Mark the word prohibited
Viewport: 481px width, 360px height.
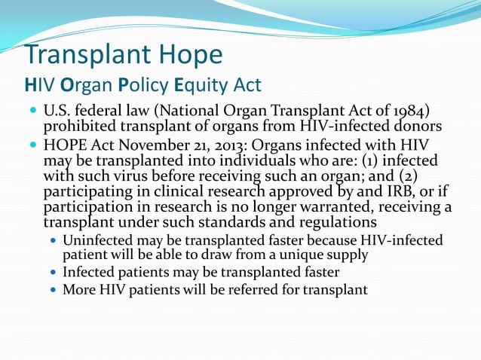80,128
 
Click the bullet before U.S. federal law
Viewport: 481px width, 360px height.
33,113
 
